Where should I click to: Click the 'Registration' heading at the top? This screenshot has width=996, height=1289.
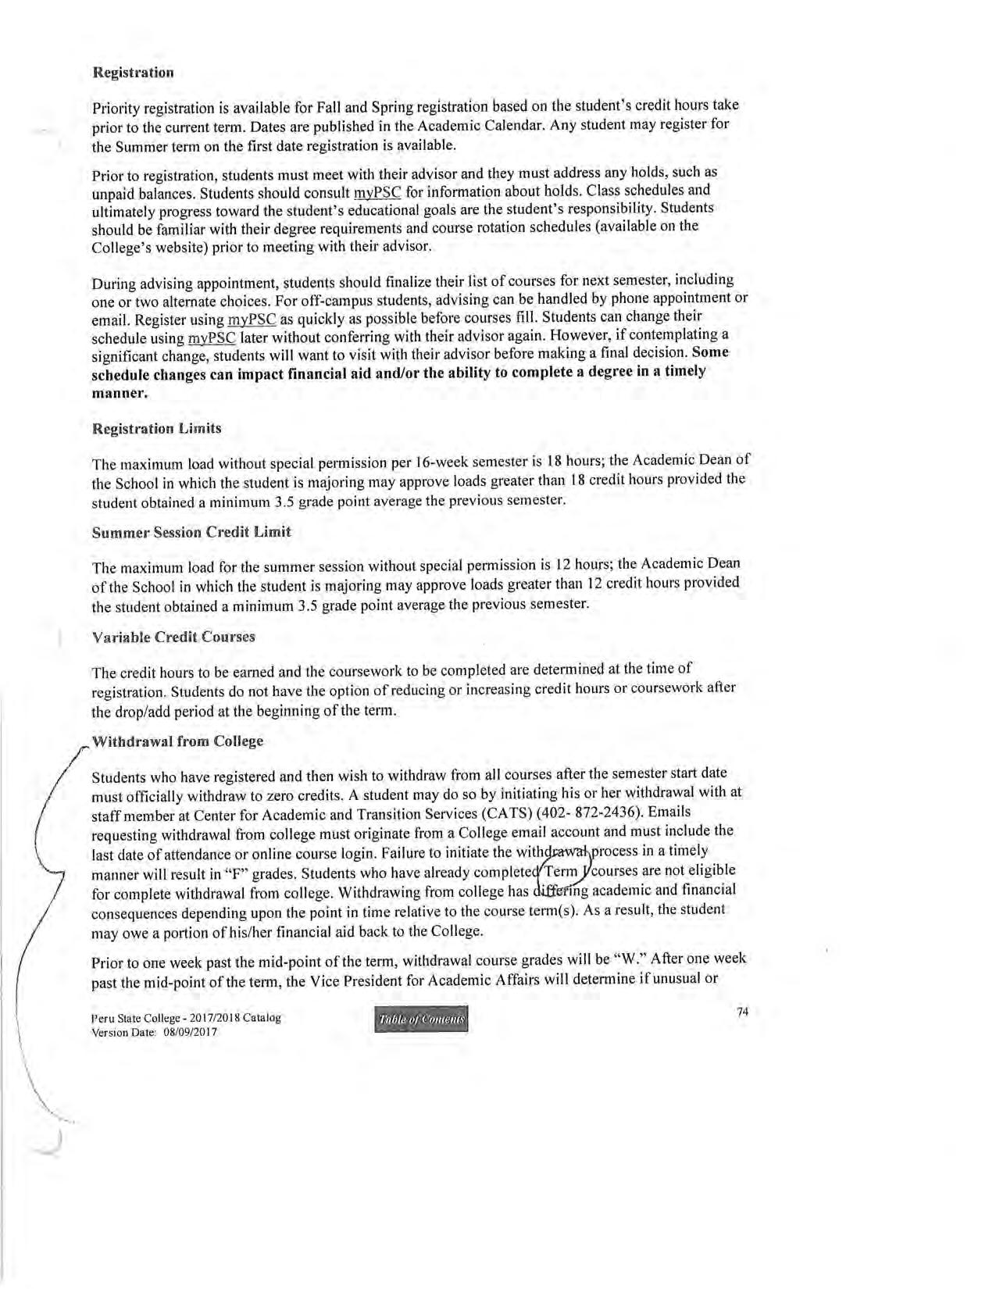pyautogui.click(x=133, y=73)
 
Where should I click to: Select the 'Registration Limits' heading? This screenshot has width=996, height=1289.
pyautogui.click(x=156, y=428)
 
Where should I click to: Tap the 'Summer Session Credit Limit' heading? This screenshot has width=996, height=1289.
pyautogui.click(x=191, y=532)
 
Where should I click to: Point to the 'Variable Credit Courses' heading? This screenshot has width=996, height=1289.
pyautogui.click(x=173, y=637)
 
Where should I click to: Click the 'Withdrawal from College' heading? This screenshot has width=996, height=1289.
pyautogui.click(x=177, y=741)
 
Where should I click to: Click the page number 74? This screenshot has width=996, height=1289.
pyautogui.click(x=743, y=1012)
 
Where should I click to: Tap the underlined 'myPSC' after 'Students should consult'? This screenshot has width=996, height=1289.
pyautogui.click(x=377, y=192)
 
